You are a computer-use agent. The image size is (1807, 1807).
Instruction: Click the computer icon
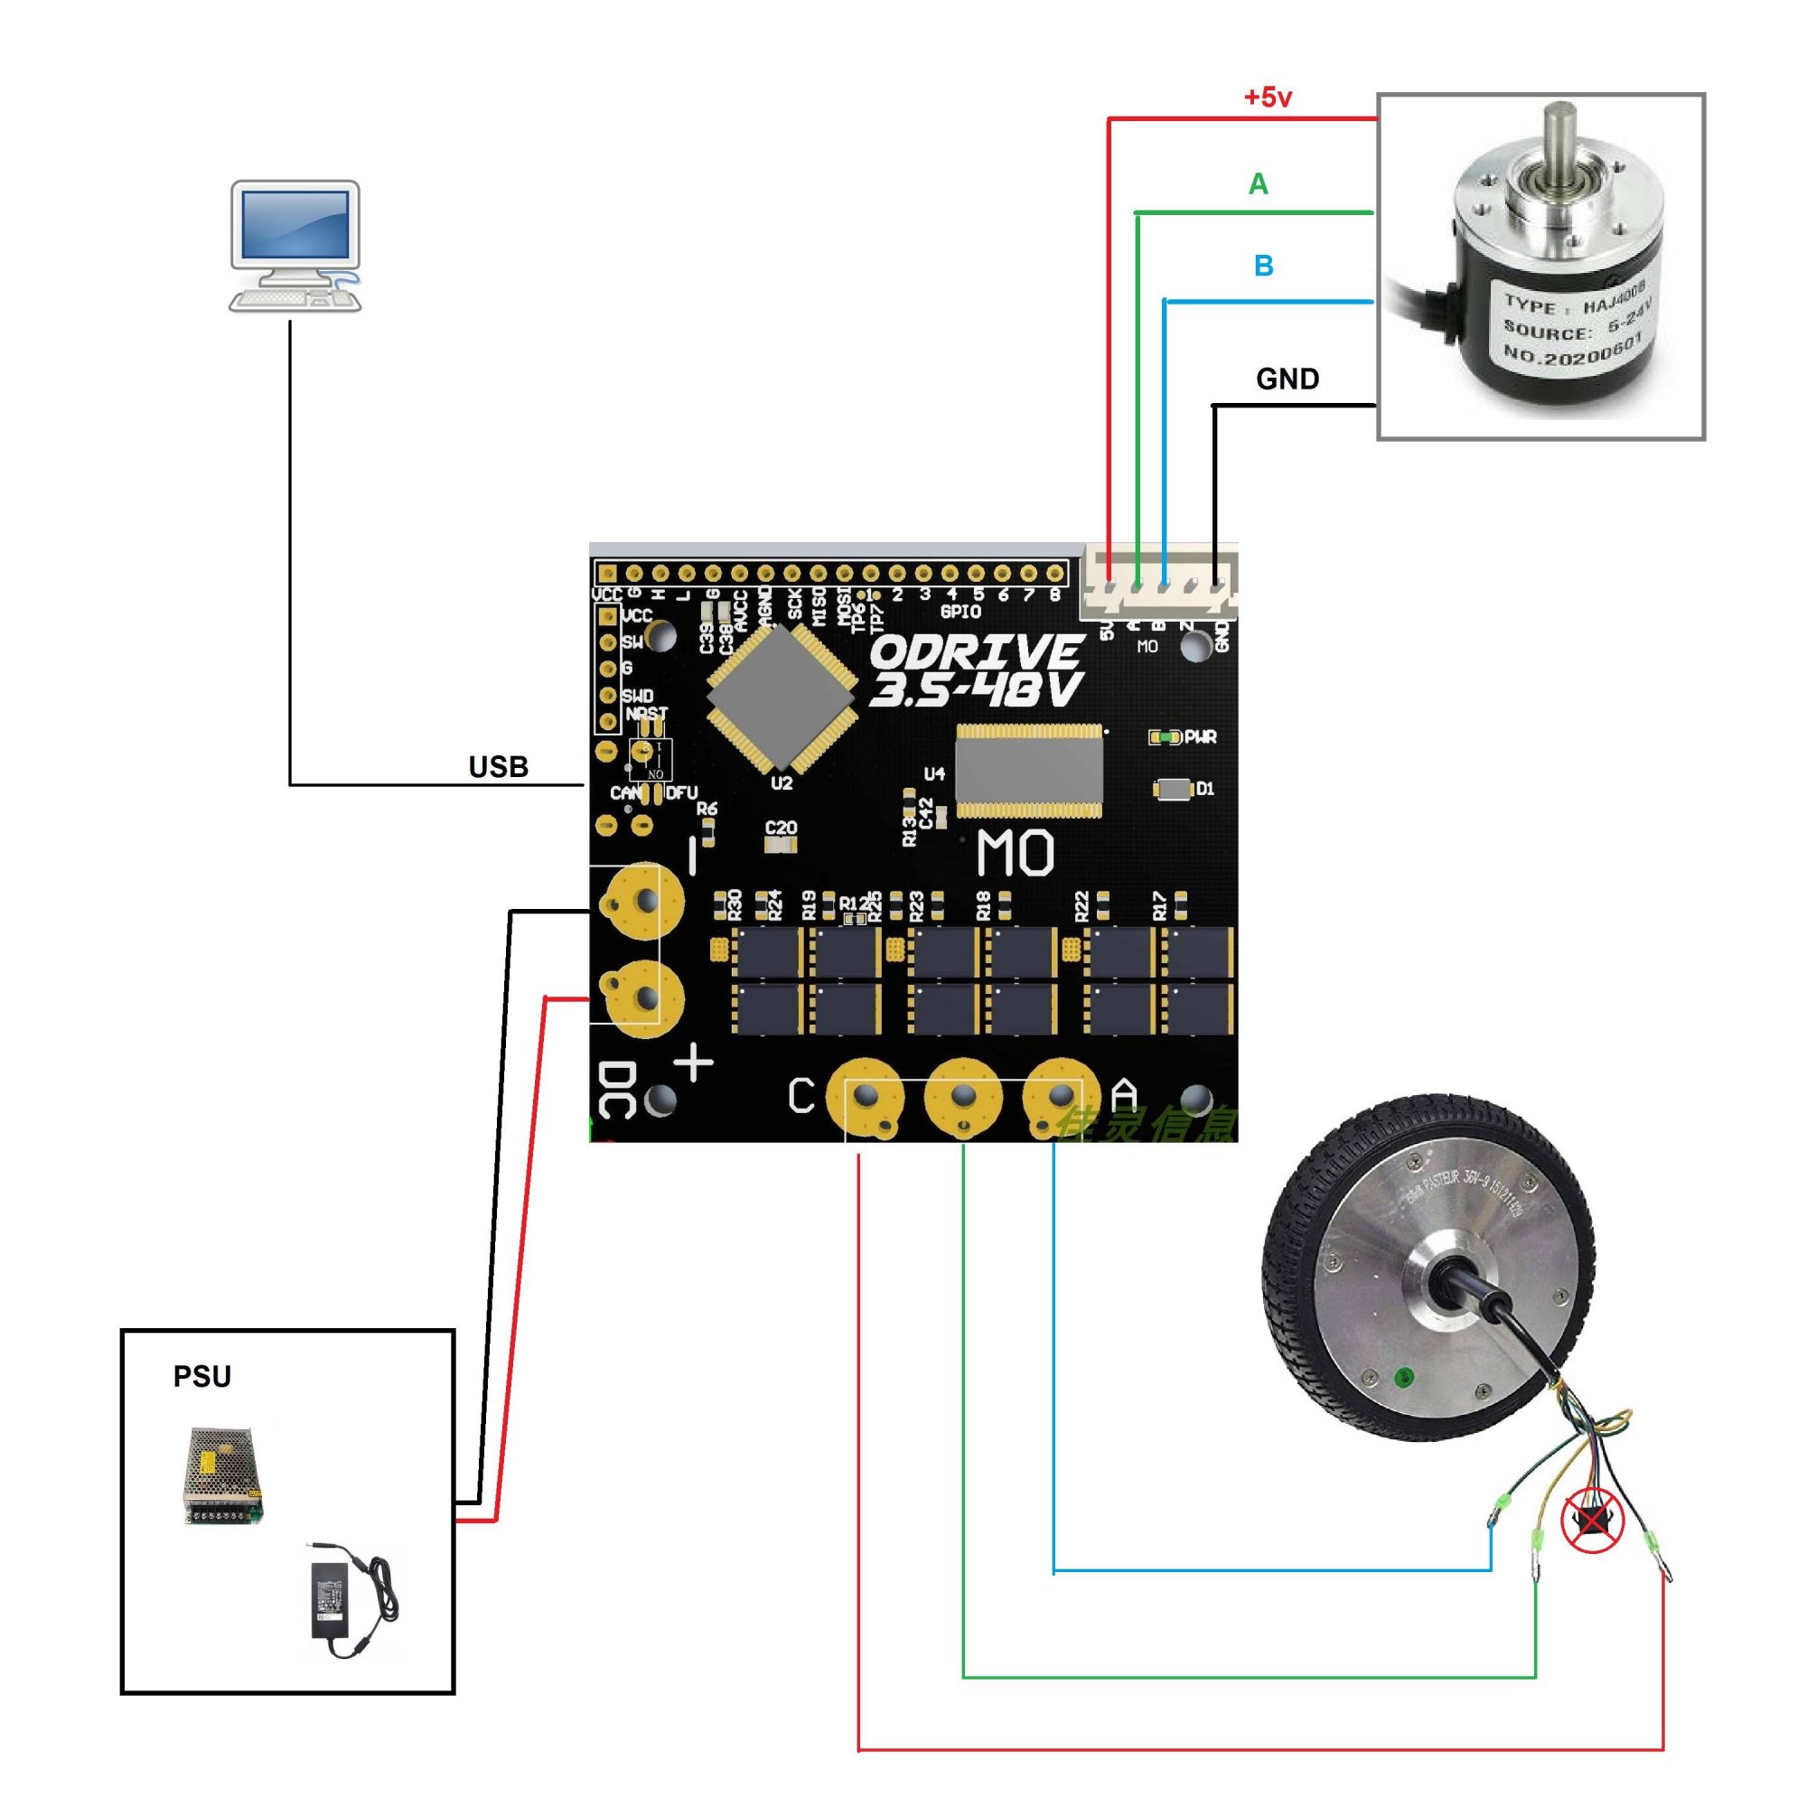tap(295, 246)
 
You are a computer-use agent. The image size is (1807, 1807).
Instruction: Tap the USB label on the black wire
tap(498, 767)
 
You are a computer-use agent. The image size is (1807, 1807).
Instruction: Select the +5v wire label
tap(1268, 98)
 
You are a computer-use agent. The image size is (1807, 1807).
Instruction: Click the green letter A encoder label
tap(1258, 184)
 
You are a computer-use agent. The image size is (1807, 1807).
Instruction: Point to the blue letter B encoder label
tap(1263, 267)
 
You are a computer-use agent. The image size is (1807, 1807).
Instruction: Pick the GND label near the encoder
tap(1287, 379)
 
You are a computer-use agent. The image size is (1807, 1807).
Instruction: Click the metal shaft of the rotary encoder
tap(1559, 140)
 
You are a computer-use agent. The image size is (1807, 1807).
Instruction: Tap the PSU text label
tap(202, 1376)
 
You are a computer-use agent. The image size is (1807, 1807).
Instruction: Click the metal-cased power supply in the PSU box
tap(222, 1475)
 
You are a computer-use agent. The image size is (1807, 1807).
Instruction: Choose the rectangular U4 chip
tap(1029, 770)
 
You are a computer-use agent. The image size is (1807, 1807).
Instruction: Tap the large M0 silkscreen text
tap(1015, 853)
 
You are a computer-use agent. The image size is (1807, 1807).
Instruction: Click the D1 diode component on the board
tap(1173, 790)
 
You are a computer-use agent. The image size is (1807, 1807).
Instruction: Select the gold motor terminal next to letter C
tap(866, 1095)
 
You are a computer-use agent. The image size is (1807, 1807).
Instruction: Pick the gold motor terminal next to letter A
tap(1059, 1095)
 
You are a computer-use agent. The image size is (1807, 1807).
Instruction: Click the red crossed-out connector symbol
tap(1592, 1521)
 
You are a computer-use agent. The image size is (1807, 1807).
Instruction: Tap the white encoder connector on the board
tap(1159, 582)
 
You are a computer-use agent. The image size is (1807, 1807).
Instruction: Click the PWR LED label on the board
tap(1199, 737)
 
